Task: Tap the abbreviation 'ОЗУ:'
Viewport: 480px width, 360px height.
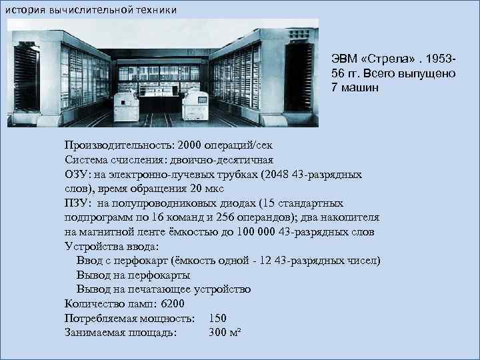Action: pyautogui.click(x=76, y=174)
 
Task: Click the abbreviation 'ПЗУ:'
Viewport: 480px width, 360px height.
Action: pyautogui.click(x=76, y=203)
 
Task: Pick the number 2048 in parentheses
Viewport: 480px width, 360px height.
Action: pyautogui.click(x=277, y=174)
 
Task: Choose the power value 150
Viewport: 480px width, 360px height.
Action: pyautogui.click(x=218, y=318)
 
